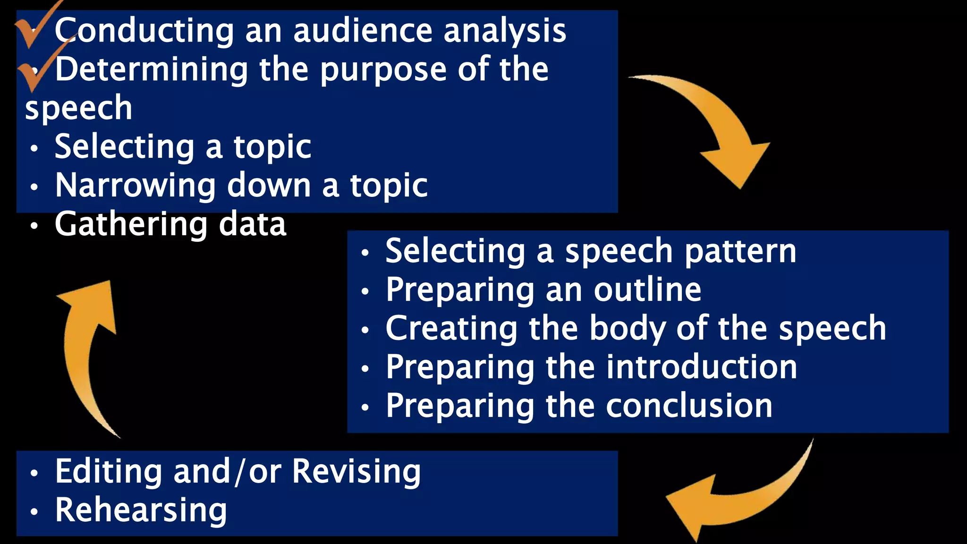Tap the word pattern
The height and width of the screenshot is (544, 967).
click(740, 252)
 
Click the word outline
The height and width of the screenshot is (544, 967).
click(647, 289)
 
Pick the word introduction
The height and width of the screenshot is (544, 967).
click(702, 367)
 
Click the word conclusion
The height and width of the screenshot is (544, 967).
click(689, 406)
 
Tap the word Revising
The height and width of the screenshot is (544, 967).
click(356, 472)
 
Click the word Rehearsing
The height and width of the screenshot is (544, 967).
click(141, 510)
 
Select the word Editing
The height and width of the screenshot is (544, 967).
click(108, 471)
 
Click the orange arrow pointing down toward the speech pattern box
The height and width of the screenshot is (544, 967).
click(718, 127)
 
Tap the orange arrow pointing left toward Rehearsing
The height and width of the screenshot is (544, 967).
click(737, 496)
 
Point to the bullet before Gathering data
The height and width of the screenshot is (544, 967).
click(34, 226)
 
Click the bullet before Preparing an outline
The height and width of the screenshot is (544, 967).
click(365, 291)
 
